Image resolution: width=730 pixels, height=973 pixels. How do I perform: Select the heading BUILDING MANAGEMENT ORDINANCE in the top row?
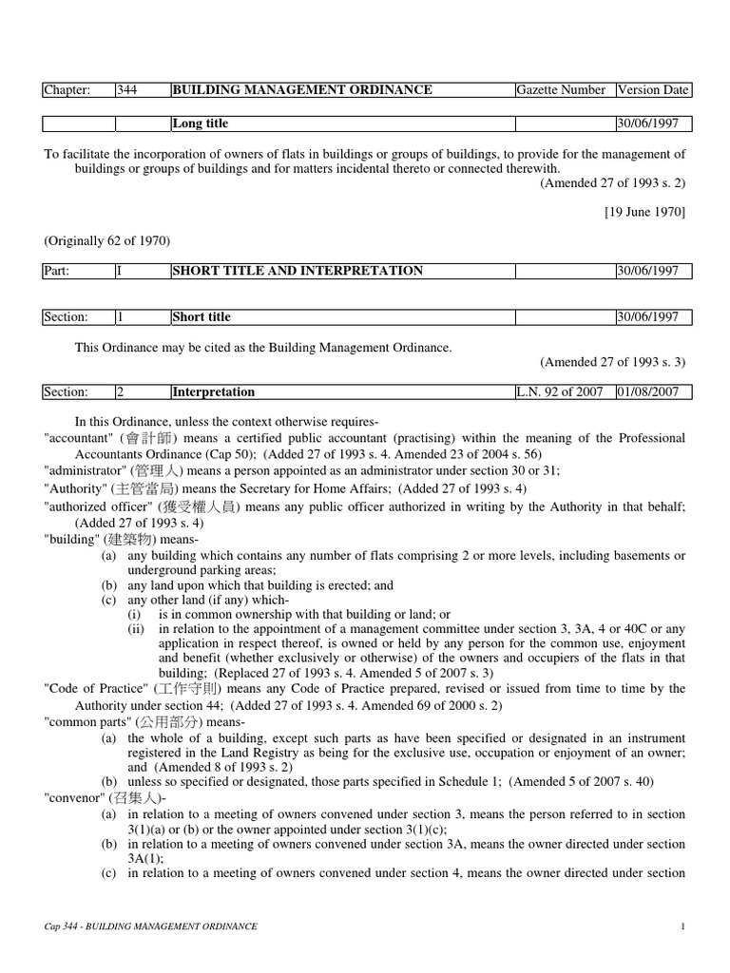[x=302, y=90]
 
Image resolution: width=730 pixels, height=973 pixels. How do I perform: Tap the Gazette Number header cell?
[x=561, y=90]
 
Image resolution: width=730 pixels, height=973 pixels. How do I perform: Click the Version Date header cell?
[x=653, y=90]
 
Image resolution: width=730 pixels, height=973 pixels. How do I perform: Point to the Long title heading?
[x=201, y=124]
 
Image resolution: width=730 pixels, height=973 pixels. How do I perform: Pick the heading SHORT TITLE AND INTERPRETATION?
[x=298, y=271]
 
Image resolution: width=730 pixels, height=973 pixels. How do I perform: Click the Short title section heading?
[x=202, y=317]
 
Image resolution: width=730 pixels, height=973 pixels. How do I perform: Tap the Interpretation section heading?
[x=213, y=391]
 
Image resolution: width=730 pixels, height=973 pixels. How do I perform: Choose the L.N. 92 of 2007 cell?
[x=560, y=391]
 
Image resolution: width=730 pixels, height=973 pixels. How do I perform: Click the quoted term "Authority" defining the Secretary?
[x=75, y=488]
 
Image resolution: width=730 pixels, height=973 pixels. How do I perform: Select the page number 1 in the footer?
[x=683, y=925]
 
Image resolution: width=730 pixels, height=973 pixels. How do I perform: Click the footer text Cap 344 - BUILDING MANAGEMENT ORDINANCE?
[x=150, y=925]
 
